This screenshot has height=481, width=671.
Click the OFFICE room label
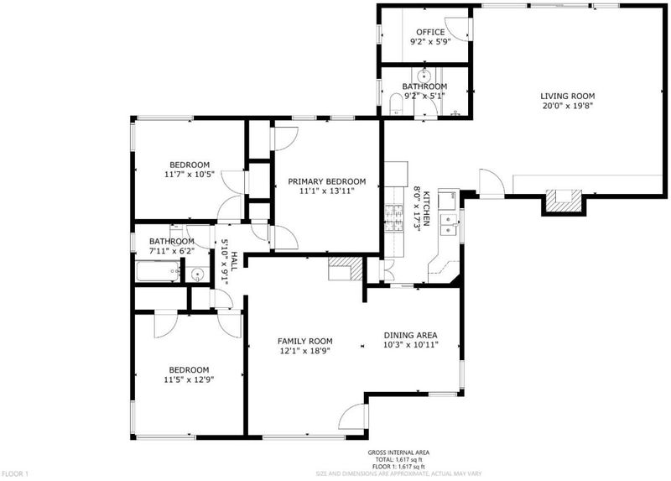(430, 32)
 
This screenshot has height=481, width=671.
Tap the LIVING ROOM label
(568, 97)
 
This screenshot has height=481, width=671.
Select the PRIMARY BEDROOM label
(327, 181)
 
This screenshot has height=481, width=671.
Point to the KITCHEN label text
(426, 209)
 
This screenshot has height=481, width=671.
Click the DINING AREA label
(410, 336)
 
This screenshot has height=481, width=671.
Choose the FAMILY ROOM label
(305, 342)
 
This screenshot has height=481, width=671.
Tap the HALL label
(234, 261)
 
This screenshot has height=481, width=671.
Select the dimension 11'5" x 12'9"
(189, 379)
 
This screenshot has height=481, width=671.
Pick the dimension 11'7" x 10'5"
(190, 175)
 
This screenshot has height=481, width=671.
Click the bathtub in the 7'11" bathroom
(158, 271)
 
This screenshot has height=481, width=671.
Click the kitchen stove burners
(394, 218)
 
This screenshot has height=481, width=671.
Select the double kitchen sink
(449, 225)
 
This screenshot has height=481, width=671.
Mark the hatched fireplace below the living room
(563, 201)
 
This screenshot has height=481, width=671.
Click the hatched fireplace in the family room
(346, 269)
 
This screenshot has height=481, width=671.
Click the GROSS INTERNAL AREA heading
(398, 452)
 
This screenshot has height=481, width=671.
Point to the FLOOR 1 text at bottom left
(15, 473)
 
